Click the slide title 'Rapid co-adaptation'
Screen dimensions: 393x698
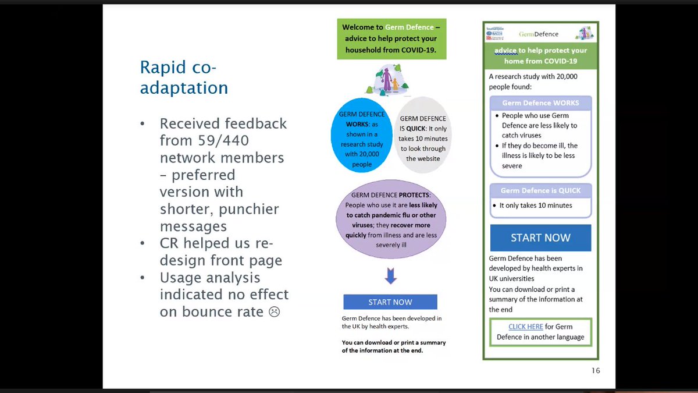(184, 77)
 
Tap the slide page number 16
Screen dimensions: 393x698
(595, 371)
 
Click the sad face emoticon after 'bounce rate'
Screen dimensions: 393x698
(273, 311)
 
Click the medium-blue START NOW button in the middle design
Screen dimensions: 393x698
(390, 302)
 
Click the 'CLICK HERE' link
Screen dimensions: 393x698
(525, 327)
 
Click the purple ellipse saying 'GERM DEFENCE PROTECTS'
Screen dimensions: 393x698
(391, 219)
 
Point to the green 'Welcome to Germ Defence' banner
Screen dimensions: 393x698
(391, 38)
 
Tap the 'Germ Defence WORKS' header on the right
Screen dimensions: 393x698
(540, 103)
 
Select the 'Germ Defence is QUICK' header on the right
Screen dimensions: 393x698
(540, 190)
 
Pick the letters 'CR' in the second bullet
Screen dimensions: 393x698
(170, 243)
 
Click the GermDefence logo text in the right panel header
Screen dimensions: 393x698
(538, 34)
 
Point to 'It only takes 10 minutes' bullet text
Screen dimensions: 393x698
(536, 206)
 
